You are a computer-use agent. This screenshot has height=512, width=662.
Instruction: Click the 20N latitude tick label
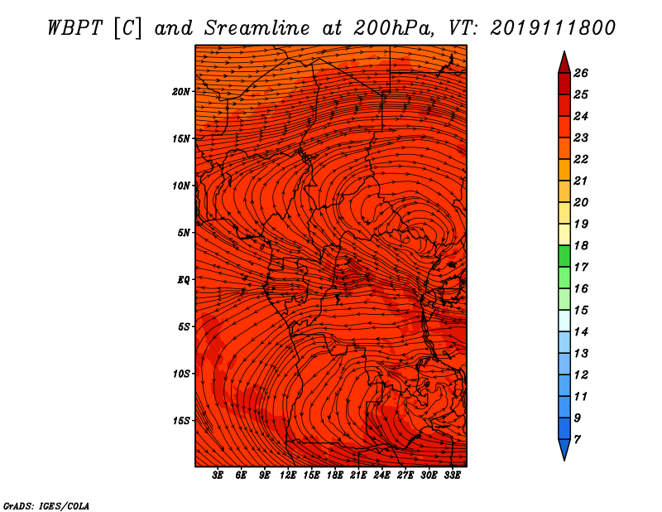tap(181, 92)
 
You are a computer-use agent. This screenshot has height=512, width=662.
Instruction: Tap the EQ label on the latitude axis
tap(184, 280)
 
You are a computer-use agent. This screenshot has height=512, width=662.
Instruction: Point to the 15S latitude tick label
tap(181, 421)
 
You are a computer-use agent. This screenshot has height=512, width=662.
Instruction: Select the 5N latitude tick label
tap(184, 233)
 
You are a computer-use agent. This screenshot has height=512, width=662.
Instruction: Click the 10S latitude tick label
tap(181, 374)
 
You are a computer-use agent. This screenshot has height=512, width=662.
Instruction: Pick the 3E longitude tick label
tap(218, 475)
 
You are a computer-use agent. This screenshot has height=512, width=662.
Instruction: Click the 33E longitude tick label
tap(452, 475)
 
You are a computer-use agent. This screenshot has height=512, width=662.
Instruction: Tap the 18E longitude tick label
tap(335, 475)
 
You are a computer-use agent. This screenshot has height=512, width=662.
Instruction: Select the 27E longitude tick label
tap(405, 475)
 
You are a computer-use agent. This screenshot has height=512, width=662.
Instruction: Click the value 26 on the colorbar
tap(581, 73)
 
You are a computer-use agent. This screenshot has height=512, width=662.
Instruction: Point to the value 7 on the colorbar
tap(577, 439)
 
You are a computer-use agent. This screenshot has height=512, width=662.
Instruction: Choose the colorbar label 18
tap(581, 245)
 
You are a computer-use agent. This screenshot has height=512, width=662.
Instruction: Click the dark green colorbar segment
tap(564, 256)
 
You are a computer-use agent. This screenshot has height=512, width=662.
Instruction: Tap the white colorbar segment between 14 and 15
tap(564, 321)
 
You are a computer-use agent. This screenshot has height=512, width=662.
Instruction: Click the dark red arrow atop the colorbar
tap(564, 63)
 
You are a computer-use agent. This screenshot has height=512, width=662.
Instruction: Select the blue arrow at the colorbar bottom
tap(564, 449)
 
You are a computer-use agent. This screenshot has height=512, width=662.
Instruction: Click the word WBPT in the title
tap(74, 28)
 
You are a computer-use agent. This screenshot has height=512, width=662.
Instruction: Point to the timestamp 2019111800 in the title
tap(553, 28)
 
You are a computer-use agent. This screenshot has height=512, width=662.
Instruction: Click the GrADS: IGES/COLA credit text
tap(46, 505)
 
